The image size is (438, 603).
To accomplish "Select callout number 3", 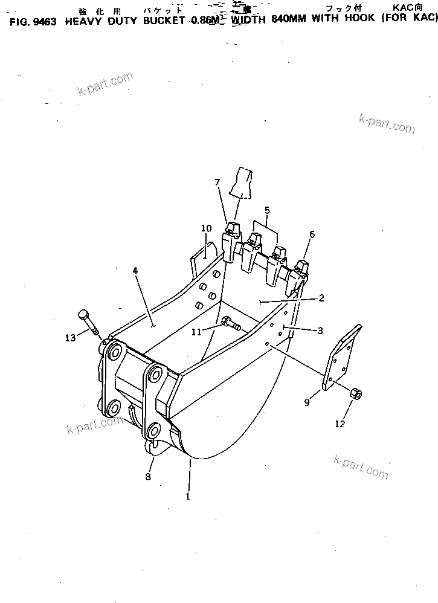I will coord(320,331).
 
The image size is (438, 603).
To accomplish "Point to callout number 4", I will coord(135,271).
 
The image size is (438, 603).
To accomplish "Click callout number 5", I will coord(266,211).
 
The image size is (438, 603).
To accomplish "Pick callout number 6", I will coord(312,234).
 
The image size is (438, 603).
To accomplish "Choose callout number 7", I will coord(217,182).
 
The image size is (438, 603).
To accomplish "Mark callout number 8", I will coord(148,476).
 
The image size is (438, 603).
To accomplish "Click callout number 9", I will coord(308,402).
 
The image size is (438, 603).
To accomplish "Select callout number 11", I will coord(196,331).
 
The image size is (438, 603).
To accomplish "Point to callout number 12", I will coord(340,424).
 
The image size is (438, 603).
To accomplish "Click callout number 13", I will coord(71,337).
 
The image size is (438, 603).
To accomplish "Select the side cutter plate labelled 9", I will coord(341,358).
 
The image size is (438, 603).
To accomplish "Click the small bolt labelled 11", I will coord(230,324).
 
